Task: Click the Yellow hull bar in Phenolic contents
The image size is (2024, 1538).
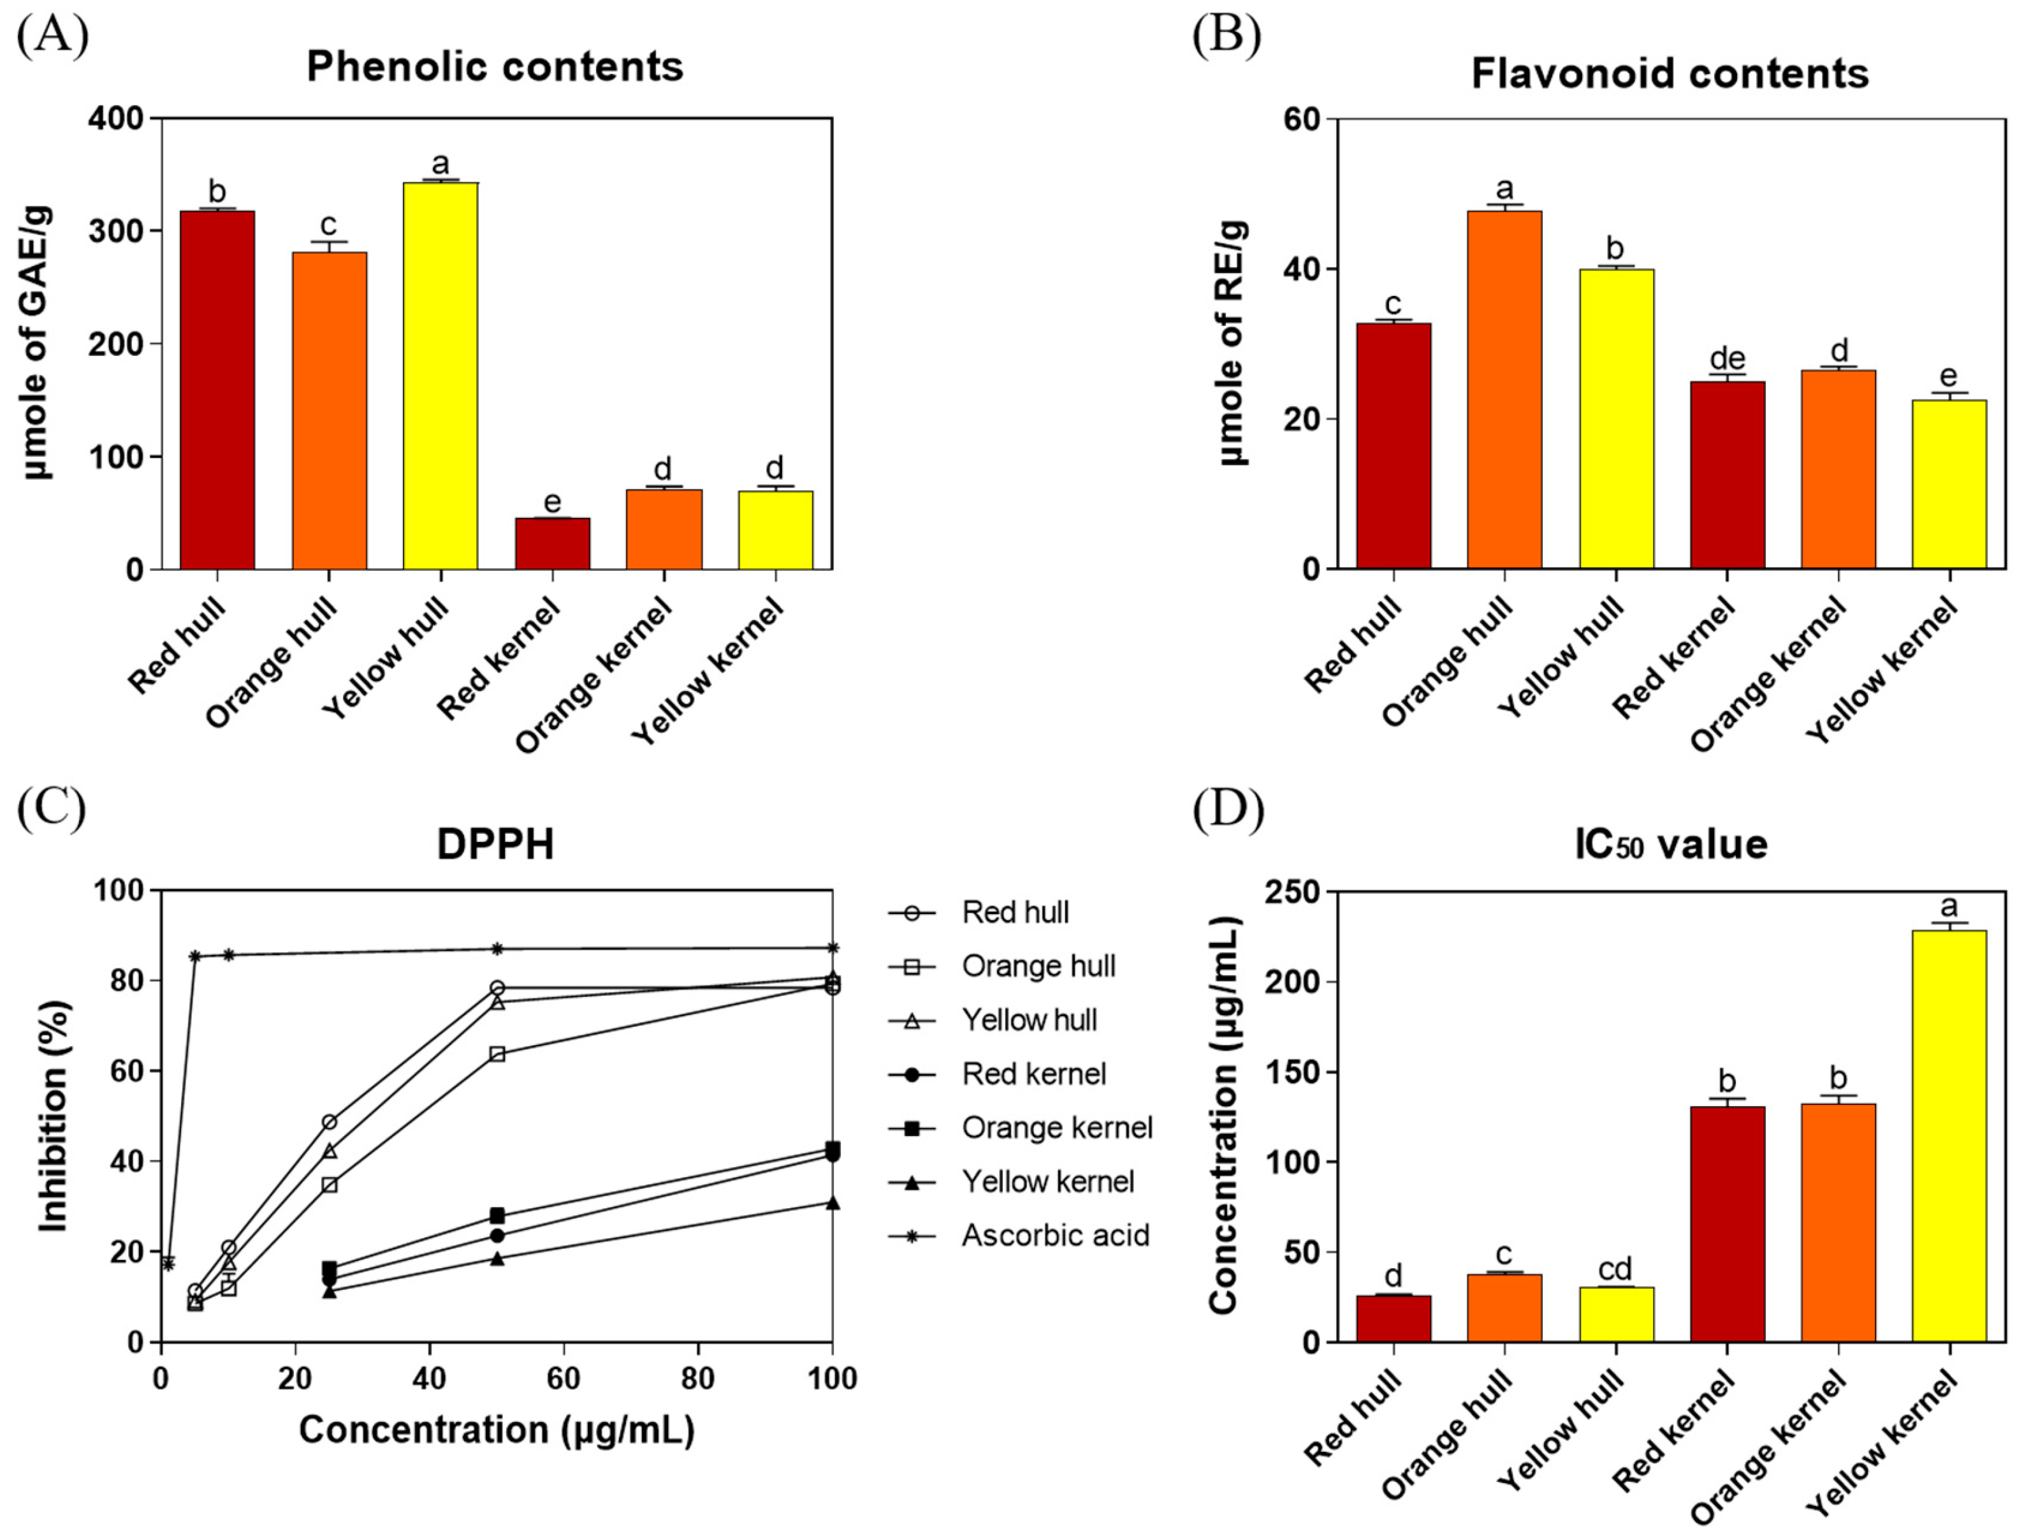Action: (x=440, y=375)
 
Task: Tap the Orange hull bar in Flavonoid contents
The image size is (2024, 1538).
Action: (x=1504, y=389)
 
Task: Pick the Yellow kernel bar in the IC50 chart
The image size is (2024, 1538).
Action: (x=1949, y=1136)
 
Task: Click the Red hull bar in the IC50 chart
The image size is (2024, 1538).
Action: (x=1393, y=1319)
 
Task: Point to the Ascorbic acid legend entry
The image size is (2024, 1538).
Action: (x=1054, y=1236)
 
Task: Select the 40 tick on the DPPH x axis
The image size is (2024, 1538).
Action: (x=429, y=1379)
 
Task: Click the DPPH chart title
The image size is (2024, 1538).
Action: (x=495, y=844)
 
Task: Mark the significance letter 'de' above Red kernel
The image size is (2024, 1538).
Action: (x=1727, y=358)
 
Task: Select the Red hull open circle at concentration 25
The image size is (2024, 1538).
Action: (x=330, y=1122)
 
